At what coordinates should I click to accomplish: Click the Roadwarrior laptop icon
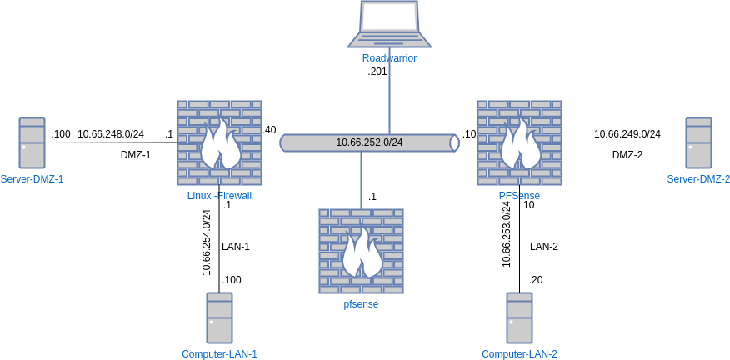[389, 24]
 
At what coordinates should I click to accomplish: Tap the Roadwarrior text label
[389, 58]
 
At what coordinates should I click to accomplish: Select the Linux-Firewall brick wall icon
[219, 142]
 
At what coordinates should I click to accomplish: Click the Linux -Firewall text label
[219, 196]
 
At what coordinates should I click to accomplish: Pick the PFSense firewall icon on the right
[519, 142]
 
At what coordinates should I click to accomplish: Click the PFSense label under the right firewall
[519, 196]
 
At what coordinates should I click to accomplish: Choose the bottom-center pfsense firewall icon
[361, 251]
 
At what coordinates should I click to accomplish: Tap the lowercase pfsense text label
[361, 304]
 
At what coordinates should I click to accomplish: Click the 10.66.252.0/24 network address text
[369, 142]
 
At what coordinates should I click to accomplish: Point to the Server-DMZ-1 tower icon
[32, 142]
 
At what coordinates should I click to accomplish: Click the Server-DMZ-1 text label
[32, 179]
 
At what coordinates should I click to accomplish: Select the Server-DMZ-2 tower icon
[698, 142]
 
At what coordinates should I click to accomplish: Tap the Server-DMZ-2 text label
[698, 179]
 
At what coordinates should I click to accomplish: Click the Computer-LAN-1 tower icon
[219, 317]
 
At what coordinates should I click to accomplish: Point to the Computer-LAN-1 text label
[219, 354]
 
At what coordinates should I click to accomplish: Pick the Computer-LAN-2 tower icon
[519, 317]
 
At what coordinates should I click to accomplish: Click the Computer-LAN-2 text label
[519, 354]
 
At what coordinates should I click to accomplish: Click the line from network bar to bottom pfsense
[361, 180]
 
